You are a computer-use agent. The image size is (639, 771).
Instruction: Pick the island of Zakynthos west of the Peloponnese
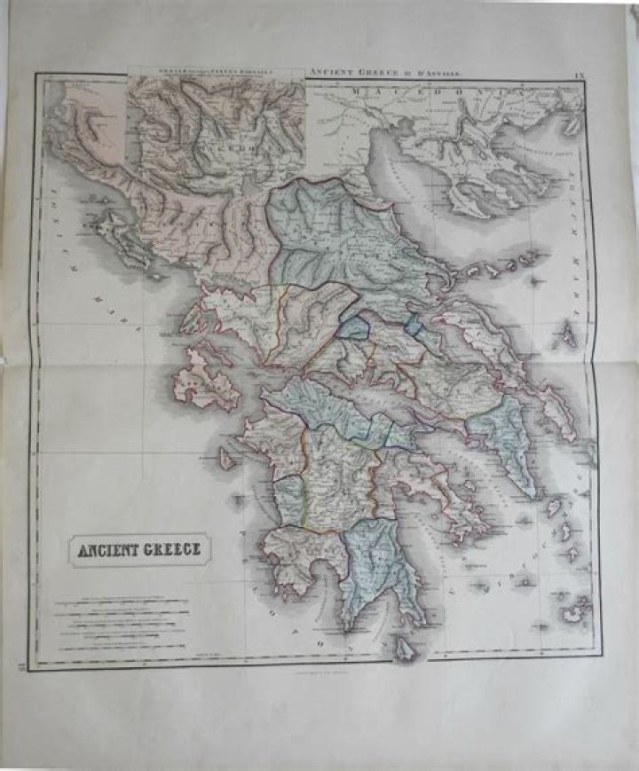click(x=227, y=460)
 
